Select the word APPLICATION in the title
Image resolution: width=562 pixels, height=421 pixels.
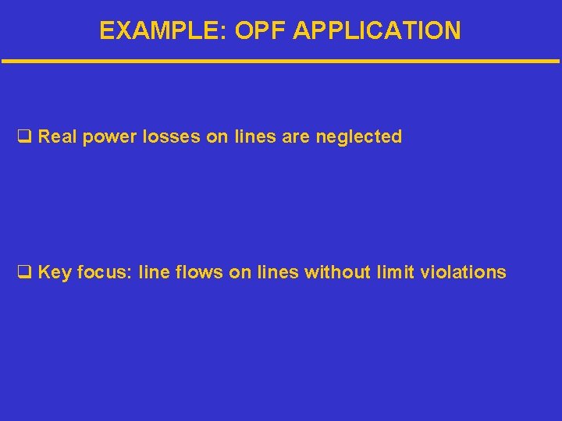pos(375,30)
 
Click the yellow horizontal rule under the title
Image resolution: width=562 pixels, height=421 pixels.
pos(281,61)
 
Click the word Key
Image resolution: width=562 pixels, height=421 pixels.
pos(54,272)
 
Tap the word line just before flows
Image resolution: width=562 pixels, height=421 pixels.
pos(154,272)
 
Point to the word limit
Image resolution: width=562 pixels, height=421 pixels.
pos(395,272)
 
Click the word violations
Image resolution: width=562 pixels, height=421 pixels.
pos(463,272)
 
